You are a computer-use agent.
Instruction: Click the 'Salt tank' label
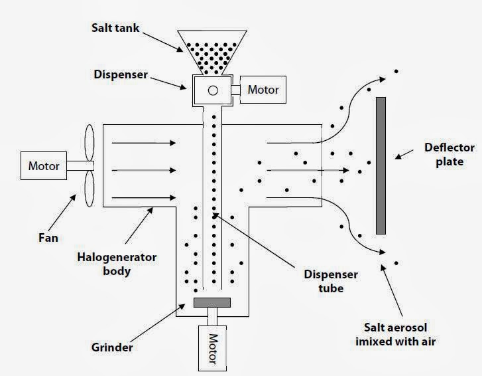pyautogui.click(x=115, y=28)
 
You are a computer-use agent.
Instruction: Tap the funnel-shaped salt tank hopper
pyautogui.click(x=212, y=52)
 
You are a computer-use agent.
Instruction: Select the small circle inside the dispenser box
pyautogui.click(x=213, y=90)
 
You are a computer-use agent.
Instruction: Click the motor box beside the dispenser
pyautogui.click(x=263, y=90)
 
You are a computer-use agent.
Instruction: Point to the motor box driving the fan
pyautogui.click(x=44, y=165)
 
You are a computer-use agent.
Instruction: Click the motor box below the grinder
pyautogui.click(x=212, y=348)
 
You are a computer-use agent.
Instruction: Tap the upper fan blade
pyautogui.click(x=89, y=143)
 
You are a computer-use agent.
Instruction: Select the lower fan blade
pyautogui.click(x=89, y=189)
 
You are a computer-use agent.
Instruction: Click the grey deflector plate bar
pyautogui.click(x=381, y=165)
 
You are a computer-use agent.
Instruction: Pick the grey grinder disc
pyautogui.click(x=212, y=302)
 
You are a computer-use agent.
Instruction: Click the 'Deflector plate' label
pyautogui.click(x=449, y=155)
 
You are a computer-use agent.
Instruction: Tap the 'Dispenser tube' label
pyautogui.click(x=331, y=281)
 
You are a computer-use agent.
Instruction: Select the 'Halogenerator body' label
pyautogui.click(x=117, y=264)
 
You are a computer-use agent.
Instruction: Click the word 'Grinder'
pyautogui.click(x=112, y=347)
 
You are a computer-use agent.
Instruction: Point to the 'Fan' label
pyautogui.click(x=48, y=238)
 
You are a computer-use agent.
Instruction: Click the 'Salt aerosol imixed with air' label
pyautogui.click(x=396, y=334)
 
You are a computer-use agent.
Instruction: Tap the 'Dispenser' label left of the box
pyautogui.click(x=121, y=74)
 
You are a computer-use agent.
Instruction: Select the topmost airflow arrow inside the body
pyautogui.click(x=144, y=143)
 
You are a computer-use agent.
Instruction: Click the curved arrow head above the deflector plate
pyautogui.click(x=382, y=80)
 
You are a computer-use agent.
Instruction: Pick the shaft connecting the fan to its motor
pyautogui.click(x=80, y=165)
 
